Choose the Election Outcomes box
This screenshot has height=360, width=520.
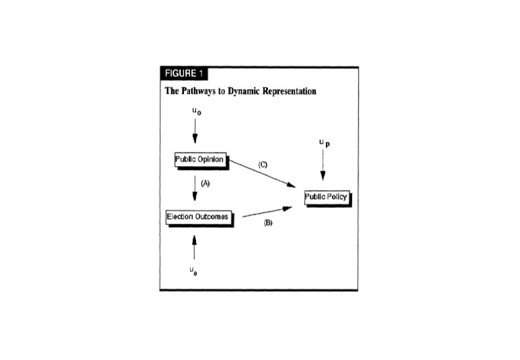click(x=198, y=217)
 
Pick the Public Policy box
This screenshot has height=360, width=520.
click(x=326, y=197)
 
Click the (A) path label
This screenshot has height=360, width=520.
click(x=205, y=184)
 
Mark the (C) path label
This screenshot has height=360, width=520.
click(x=262, y=164)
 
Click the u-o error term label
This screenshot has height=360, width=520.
click(x=195, y=113)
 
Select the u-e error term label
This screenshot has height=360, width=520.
click(x=193, y=271)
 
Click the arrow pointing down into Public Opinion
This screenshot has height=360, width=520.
click(x=195, y=135)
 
